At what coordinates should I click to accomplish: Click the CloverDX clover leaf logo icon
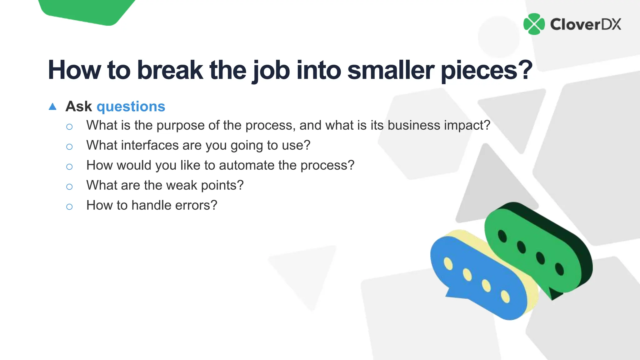tap(534, 24)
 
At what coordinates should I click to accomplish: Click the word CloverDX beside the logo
tap(585, 24)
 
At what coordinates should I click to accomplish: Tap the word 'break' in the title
tap(170, 70)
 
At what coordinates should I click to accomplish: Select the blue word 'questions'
tap(131, 107)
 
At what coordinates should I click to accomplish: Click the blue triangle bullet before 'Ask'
tap(52, 107)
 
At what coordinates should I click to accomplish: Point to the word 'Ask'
tap(78, 107)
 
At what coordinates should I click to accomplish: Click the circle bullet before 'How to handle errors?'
tap(69, 207)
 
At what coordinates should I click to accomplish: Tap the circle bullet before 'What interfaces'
tap(69, 147)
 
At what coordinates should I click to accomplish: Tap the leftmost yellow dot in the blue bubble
tap(448, 263)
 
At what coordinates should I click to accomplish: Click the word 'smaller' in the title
tap(390, 70)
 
